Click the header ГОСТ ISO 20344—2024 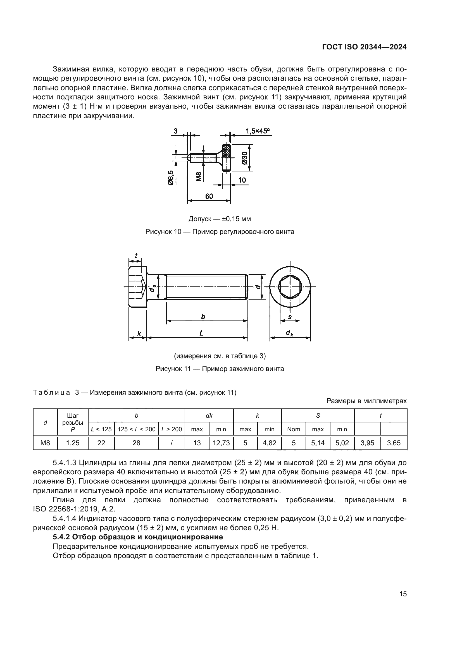coord(364,47)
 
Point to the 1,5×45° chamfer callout coord(258,131)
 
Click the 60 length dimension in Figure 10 coord(209,196)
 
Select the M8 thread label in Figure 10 coord(199,177)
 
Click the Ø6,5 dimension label coord(171,178)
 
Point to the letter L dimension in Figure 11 coord(201,333)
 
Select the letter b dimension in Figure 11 coord(203,317)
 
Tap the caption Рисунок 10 coord(220,232)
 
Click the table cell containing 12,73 coord(221,443)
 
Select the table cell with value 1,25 coord(73,443)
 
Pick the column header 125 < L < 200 coord(136,429)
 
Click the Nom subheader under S coord(294,429)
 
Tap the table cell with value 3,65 coord(394,443)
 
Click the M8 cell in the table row coord(45,443)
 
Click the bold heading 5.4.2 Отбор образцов coord(138,537)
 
